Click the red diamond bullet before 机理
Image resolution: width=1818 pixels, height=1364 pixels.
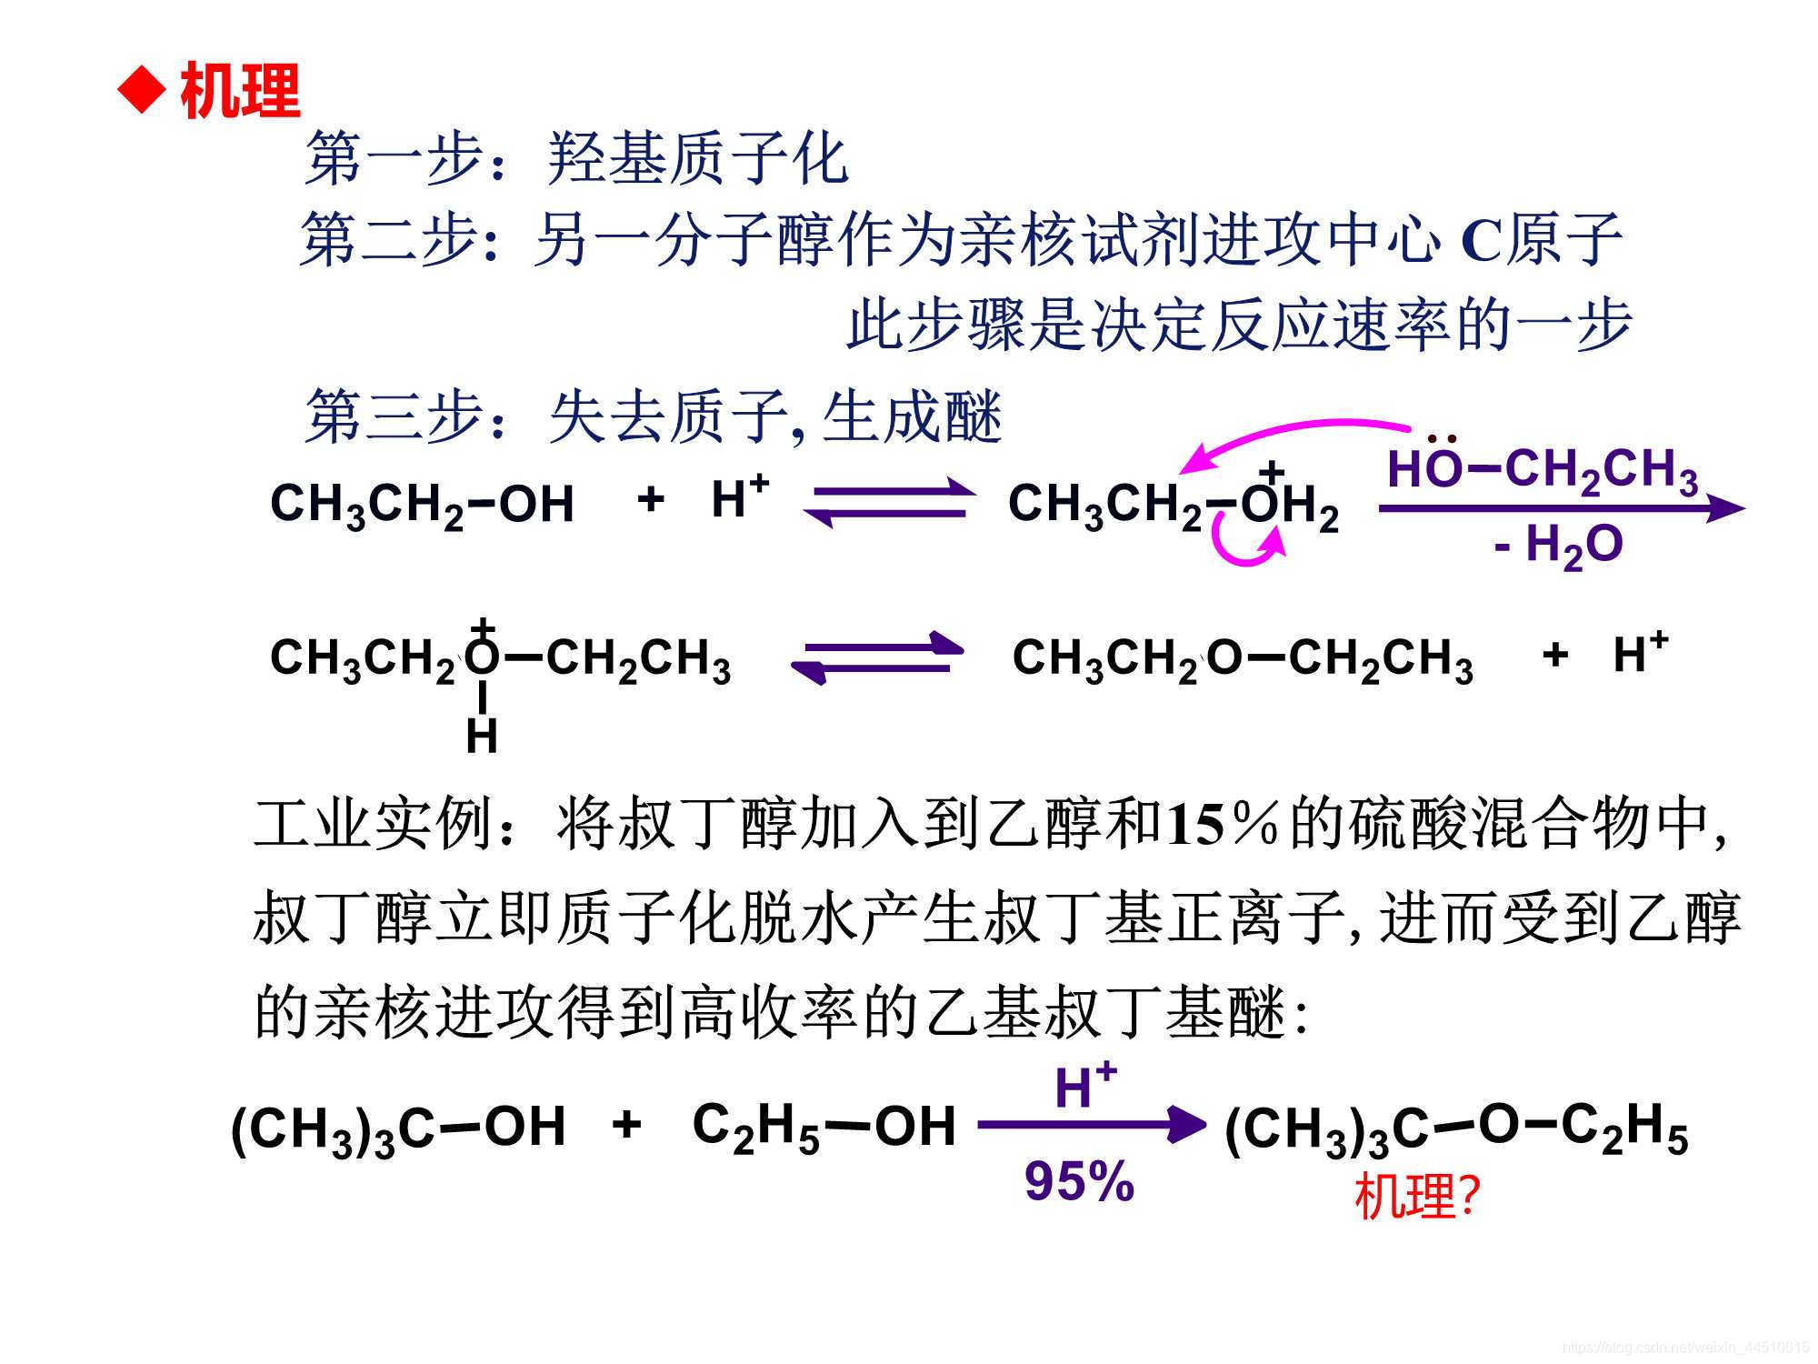pos(143,92)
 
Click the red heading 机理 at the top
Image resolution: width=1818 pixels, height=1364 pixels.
pos(240,92)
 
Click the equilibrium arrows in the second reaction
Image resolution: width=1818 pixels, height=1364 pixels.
pos(877,657)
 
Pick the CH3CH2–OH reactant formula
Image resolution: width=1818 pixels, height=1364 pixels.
pos(422,504)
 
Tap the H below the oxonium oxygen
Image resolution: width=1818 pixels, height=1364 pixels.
pos(481,736)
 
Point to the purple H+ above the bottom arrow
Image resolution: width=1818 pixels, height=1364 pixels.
pos(1084,1086)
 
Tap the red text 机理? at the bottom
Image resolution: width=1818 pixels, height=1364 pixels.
pos(1417,1197)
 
